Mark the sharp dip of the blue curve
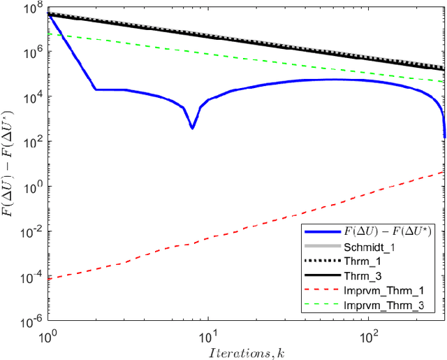[x=192, y=127]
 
